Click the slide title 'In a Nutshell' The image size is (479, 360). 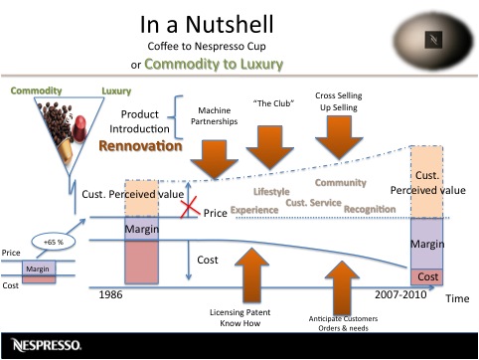pos(239,23)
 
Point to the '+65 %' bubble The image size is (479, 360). pos(52,242)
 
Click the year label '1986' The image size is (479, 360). pos(115,295)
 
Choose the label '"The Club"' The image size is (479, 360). pos(271,102)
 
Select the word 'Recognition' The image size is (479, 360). pos(369,210)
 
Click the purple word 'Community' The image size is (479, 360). pos(340,182)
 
